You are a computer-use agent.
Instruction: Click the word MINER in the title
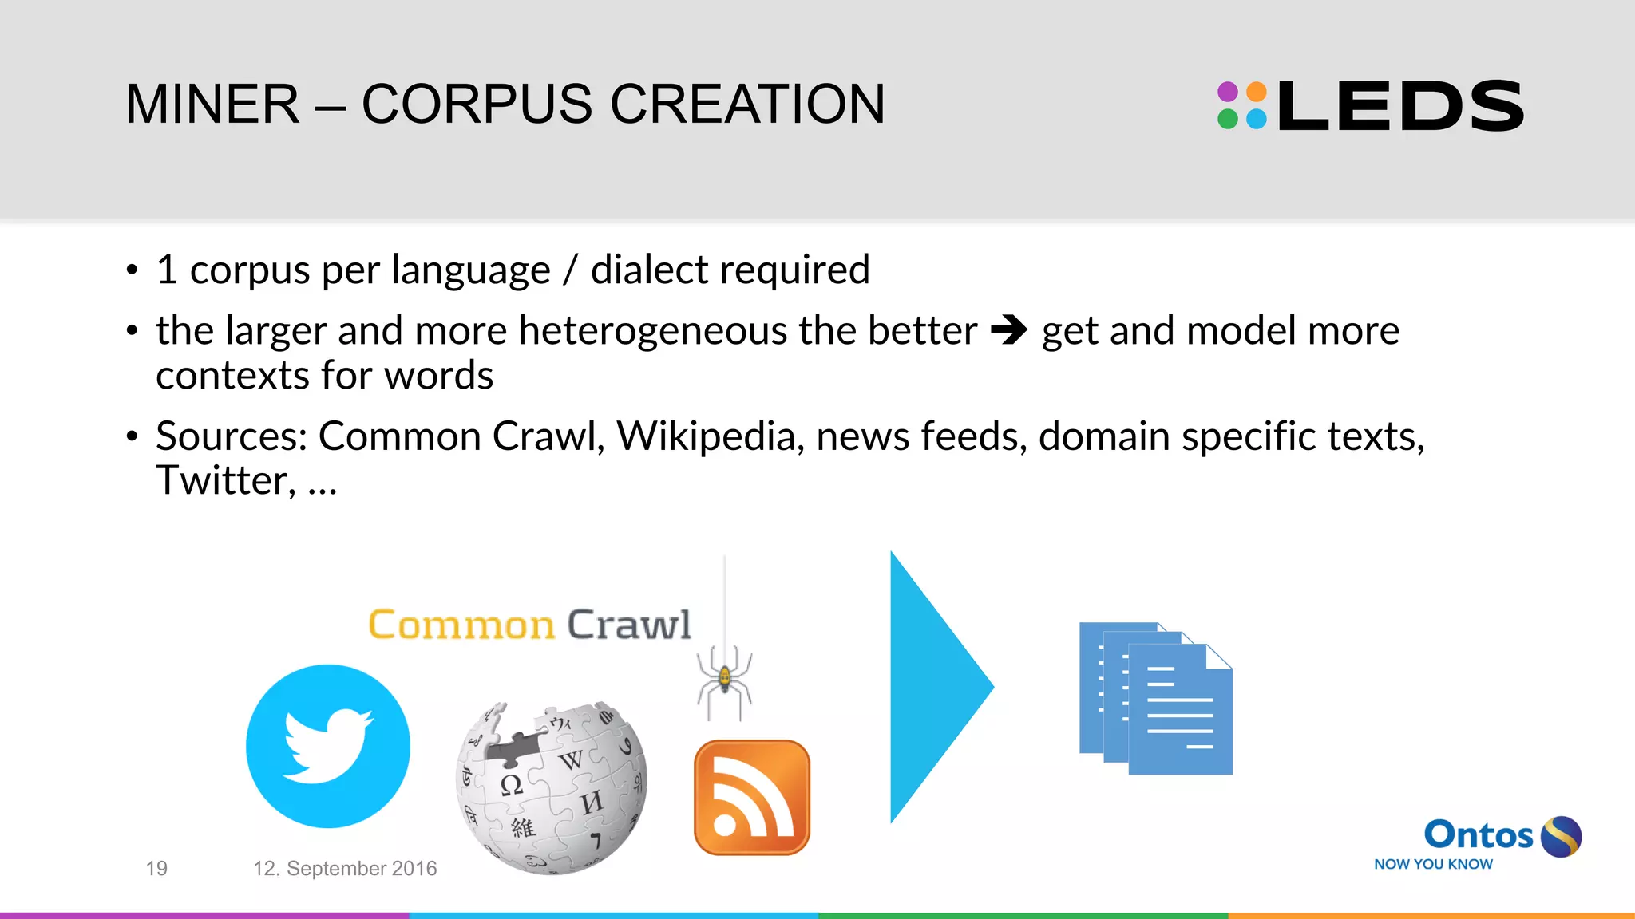click(x=212, y=105)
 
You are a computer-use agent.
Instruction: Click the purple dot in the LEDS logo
click(x=1228, y=91)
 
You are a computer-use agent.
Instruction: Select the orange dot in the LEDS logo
click(x=1257, y=91)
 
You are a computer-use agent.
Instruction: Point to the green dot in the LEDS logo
click(x=1228, y=120)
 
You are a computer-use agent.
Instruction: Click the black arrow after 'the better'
click(x=1009, y=329)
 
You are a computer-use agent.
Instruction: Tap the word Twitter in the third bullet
click(x=221, y=480)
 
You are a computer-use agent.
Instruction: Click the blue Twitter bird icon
click(x=328, y=746)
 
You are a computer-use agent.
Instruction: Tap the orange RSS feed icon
click(x=752, y=797)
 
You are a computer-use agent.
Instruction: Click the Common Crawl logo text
click(x=529, y=625)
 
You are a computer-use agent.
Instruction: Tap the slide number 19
click(x=156, y=868)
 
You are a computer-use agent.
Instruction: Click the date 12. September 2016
click(x=345, y=868)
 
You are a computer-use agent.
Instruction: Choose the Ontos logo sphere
click(x=1561, y=836)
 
